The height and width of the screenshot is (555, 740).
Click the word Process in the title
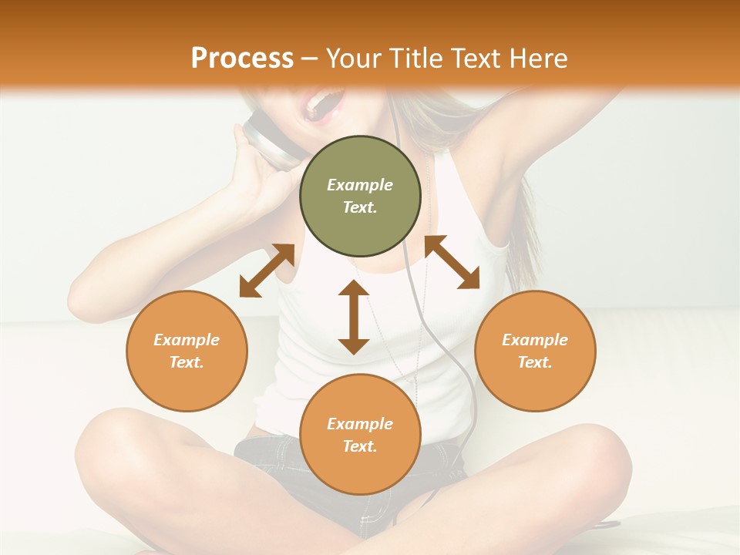click(x=242, y=59)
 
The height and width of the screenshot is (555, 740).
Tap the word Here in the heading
click(x=537, y=59)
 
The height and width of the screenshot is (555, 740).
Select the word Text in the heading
click(x=475, y=59)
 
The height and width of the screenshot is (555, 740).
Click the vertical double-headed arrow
click(x=354, y=317)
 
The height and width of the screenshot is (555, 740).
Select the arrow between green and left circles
click(x=267, y=271)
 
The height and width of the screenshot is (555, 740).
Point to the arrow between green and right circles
click(x=452, y=263)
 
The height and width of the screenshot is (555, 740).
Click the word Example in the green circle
click(x=360, y=185)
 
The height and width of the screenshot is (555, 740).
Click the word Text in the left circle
click(x=187, y=362)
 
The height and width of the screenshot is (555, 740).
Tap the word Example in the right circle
click(x=535, y=340)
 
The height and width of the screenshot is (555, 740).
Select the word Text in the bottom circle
click(x=360, y=446)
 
